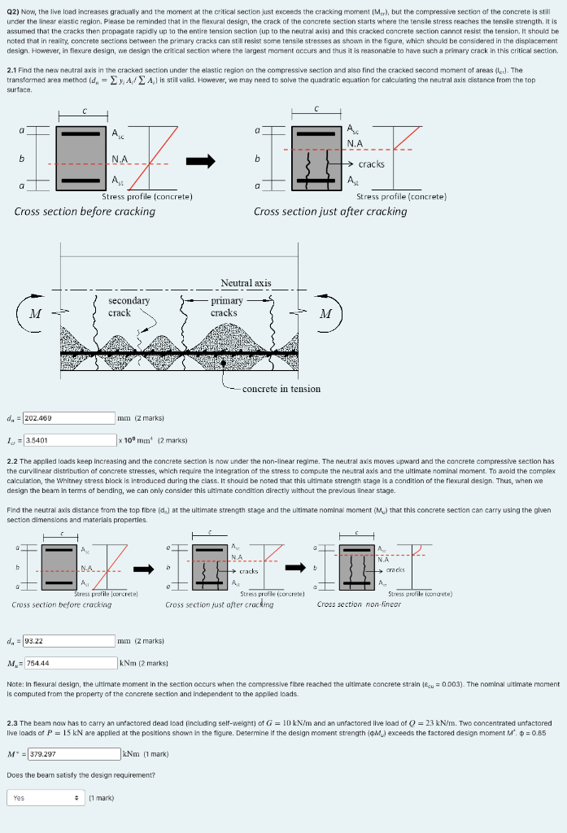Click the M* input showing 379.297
(x=74, y=753)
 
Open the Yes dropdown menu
(x=45, y=798)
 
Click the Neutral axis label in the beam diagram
(x=246, y=283)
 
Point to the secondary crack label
(x=129, y=307)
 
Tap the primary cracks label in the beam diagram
(x=224, y=307)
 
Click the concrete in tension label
(x=281, y=389)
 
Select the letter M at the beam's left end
(x=35, y=315)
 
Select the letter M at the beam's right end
(x=325, y=314)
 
